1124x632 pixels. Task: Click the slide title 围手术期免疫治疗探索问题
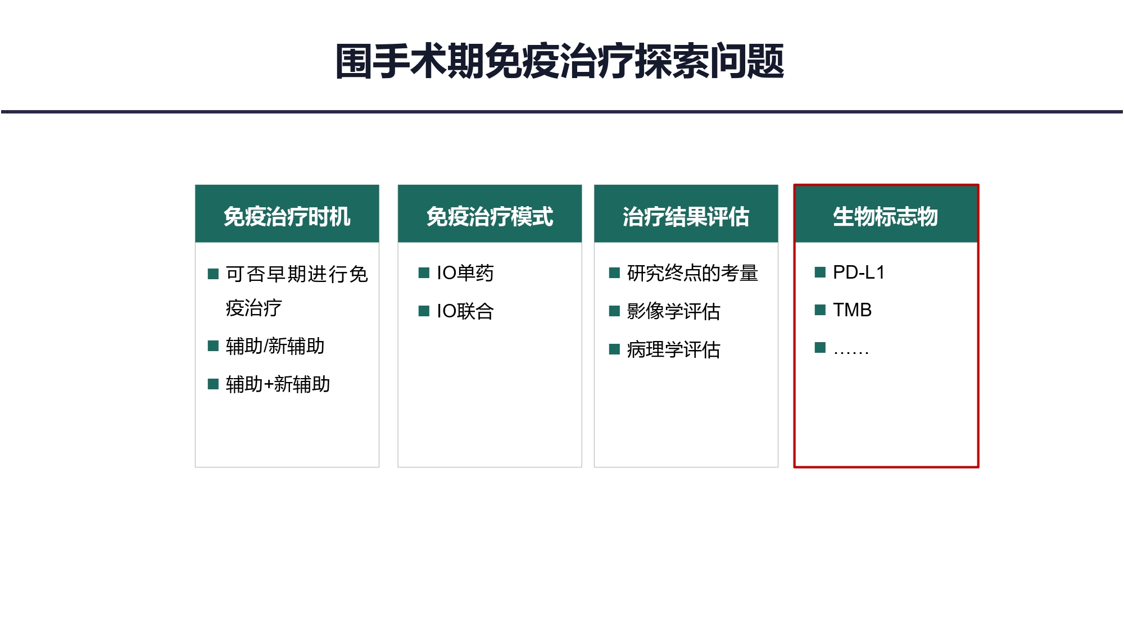click(560, 61)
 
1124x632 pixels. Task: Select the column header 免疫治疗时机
click(287, 216)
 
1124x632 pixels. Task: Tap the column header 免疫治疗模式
click(490, 216)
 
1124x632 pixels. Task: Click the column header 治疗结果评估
click(686, 216)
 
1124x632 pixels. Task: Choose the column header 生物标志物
click(886, 216)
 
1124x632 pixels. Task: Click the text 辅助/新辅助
click(275, 346)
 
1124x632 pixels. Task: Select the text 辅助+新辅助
click(278, 384)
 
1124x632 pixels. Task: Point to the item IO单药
click(465, 273)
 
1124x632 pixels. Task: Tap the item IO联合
click(465, 311)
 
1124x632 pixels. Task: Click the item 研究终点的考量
click(692, 273)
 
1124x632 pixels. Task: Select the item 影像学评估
click(673, 311)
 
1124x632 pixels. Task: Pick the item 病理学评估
click(673, 349)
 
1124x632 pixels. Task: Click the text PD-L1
click(859, 272)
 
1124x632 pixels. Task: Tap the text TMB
click(852, 310)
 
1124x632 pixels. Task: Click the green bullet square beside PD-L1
click(820, 272)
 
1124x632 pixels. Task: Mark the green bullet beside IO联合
click(424, 311)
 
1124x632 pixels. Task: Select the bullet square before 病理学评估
click(614, 349)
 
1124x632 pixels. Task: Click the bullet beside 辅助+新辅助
click(213, 384)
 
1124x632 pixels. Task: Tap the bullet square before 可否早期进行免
click(213, 274)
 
